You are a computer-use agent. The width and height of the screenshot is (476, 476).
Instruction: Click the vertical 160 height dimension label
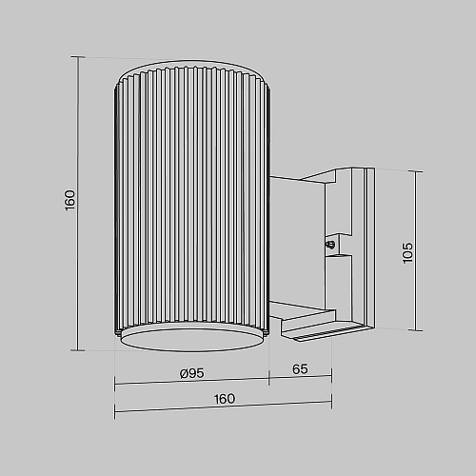pyautogui.click(x=69, y=200)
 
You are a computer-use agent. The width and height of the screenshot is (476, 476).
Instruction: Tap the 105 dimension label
pyautogui.click(x=407, y=252)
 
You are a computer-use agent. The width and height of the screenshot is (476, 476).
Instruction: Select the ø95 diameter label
pyautogui.click(x=192, y=373)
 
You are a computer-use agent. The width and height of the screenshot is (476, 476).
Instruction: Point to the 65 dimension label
pyautogui.click(x=300, y=369)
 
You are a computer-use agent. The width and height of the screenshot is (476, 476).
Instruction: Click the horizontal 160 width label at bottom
pyautogui.click(x=225, y=399)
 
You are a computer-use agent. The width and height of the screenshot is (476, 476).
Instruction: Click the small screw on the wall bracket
pyautogui.click(x=330, y=245)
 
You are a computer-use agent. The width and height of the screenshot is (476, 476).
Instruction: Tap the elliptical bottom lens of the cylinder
pyautogui.click(x=192, y=340)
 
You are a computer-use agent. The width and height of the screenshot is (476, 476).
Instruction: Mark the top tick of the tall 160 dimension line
pyautogui.click(x=78, y=57)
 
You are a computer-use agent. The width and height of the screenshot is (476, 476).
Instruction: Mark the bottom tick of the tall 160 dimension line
pyautogui.click(x=78, y=350)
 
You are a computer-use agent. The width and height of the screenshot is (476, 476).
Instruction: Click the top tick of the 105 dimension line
pyautogui.click(x=416, y=171)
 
